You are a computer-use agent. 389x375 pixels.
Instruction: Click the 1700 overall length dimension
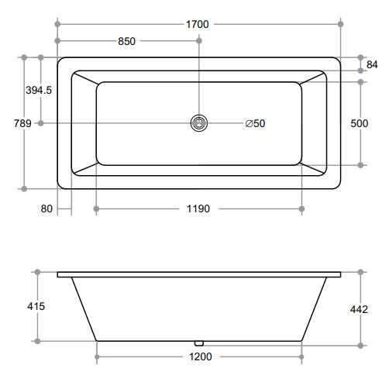click(198, 24)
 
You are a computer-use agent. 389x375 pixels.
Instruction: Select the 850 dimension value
click(127, 42)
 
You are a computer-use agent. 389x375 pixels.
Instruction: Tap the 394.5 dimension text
click(39, 90)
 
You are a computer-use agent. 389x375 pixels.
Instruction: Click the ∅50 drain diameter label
click(255, 122)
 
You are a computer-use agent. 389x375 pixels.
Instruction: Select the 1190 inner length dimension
click(198, 208)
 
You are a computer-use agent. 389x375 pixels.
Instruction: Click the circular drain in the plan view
click(199, 122)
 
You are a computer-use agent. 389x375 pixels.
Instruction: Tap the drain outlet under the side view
click(198, 342)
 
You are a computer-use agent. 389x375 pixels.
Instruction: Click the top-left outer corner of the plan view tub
click(59, 57)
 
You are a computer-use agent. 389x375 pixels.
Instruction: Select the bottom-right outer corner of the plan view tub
click(339, 187)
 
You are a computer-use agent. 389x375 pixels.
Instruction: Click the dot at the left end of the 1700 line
click(57, 24)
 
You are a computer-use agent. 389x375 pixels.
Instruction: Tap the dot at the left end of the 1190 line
click(96, 208)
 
